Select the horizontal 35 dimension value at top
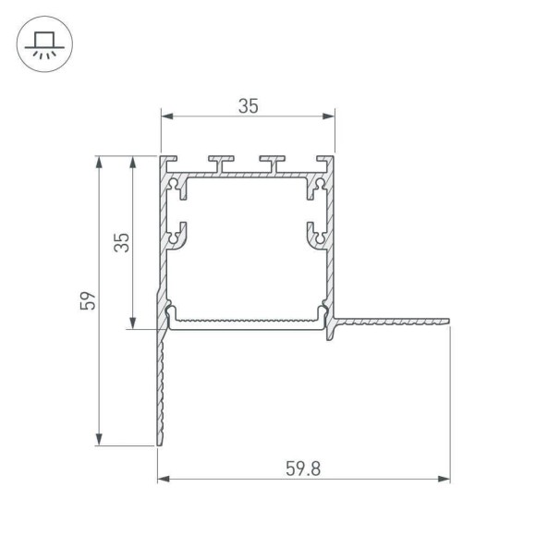click(x=248, y=105)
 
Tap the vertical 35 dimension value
click(x=121, y=242)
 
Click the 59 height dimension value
click(x=87, y=301)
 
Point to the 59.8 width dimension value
click(x=304, y=469)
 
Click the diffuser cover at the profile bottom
click(x=247, y=321)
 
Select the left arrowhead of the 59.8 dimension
click(x=164, y=480)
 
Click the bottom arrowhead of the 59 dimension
click(x=99, y=440)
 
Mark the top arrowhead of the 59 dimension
click(x=99, y=162)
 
